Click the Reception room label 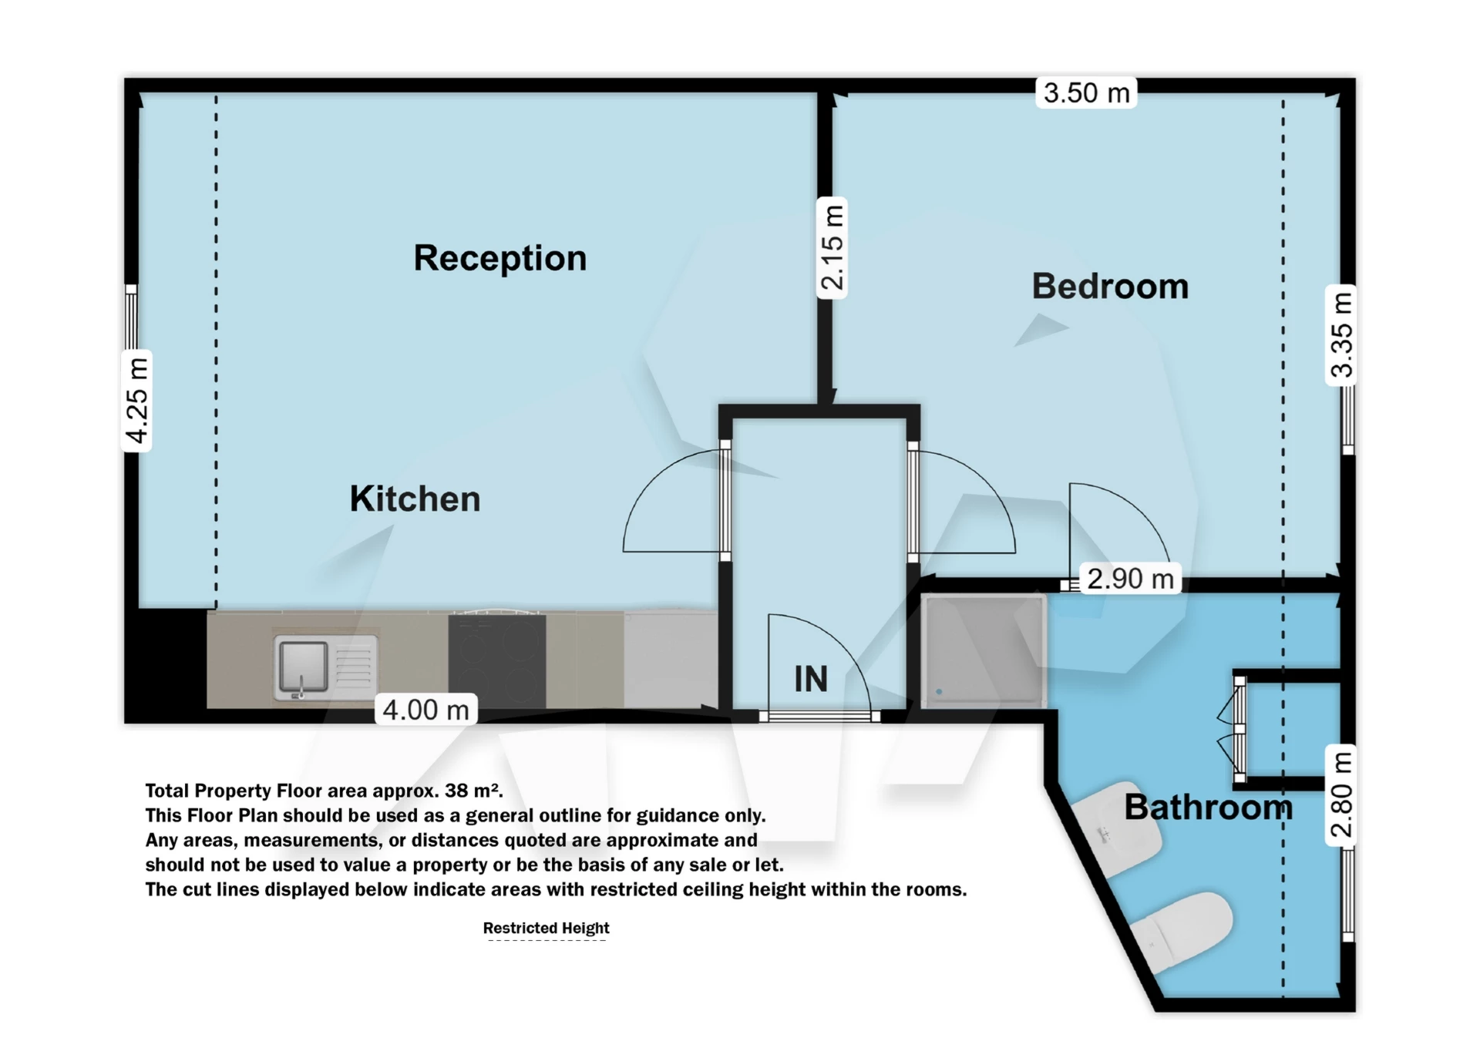tap(499, 258)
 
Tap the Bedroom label tap(1110, 287)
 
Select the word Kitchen tap(415, 499)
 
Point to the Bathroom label tap(1208, 808)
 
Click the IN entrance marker tap(811, 679)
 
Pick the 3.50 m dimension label tap(1086, 93)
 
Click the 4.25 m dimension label tap(137, 401)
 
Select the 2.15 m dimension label tap(832, 247)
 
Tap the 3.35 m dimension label tap(1341, 334)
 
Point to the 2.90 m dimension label tap(1130, 579)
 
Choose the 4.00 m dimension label tap(425, 710)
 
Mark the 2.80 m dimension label tap(1341, 795)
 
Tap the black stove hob tap(497, 660)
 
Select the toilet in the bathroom tap(1182, 929)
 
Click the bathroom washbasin tap(1118, 829)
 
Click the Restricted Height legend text tap(546, 929)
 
